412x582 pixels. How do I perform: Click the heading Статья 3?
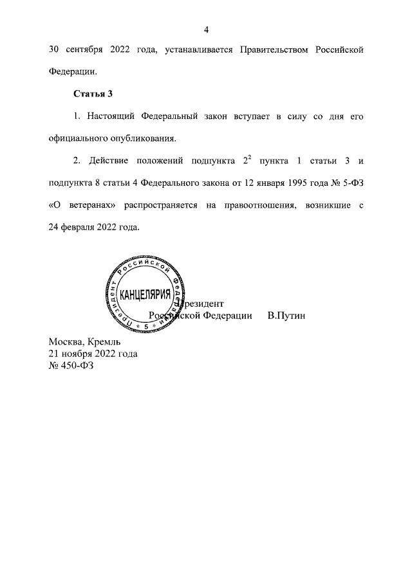pyautogui.click(x=93, y=94)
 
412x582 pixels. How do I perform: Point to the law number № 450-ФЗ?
pyautogui.click(x=71, y=365)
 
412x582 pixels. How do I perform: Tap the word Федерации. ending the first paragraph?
pyautogui.click(x=73, y=71)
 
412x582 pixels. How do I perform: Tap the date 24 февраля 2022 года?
pyautogui.click(x=93, y=227)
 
